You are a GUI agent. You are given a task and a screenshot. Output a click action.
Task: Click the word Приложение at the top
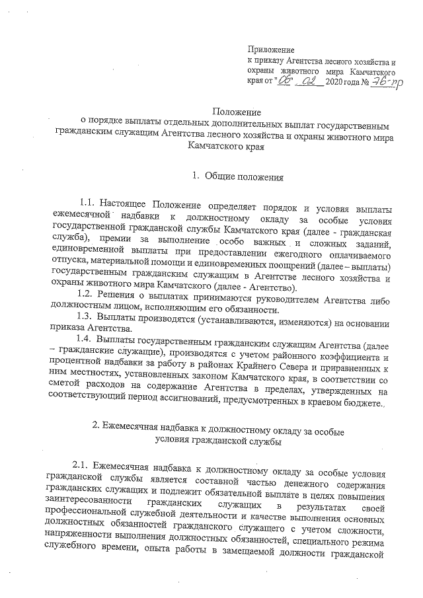point(270,50)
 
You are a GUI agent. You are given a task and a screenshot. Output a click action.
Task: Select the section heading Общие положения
point(244,177)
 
